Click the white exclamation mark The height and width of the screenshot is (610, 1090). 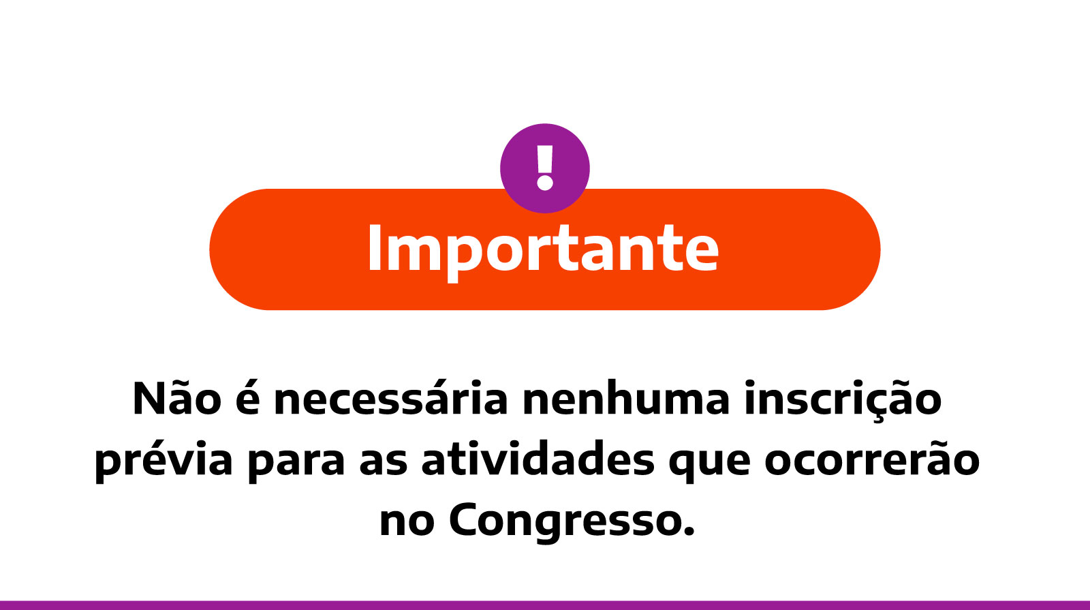tap(544, 168)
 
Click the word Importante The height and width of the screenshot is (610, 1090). tap(543, 249)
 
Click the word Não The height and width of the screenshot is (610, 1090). tap(176, 399)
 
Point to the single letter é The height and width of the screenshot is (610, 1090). tap(247, 399)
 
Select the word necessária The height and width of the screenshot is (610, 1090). tap(390, 399)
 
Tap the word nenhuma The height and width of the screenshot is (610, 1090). tap(625, 399)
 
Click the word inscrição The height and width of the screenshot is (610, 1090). tap(843, 399)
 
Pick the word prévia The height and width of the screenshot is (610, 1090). tap(163, 461)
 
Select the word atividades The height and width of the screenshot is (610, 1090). tap(538, 459)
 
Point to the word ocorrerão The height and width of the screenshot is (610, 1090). tap(872, 459)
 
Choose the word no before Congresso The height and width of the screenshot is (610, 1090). tap(407, 522)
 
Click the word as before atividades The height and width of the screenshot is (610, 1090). tap(383, 461)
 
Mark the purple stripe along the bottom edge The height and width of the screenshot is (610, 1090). tap(545, 605)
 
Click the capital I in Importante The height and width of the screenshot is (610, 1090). tap(373, 249)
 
